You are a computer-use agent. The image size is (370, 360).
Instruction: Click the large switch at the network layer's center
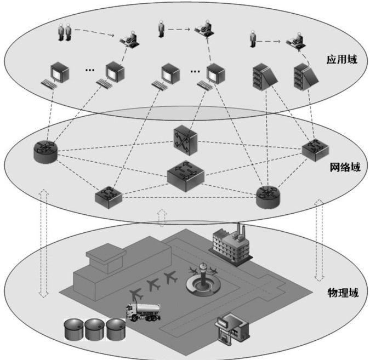click(x=185, y=175)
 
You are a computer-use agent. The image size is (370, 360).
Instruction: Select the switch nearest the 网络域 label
click(x=315, y=149)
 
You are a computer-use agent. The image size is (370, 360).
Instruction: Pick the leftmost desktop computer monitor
click(x=57, y=72)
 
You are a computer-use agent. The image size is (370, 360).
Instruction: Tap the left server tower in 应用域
click(x=260, y=76)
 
